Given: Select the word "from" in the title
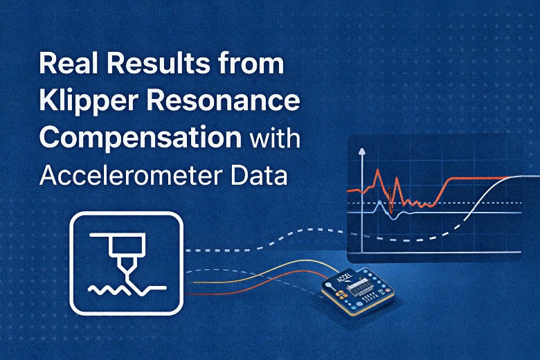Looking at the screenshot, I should click(254, 64).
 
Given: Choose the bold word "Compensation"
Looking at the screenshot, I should click(141, 137).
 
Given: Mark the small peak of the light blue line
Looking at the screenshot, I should click(378, 206).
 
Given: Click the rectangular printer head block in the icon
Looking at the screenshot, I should click(125, 244).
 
